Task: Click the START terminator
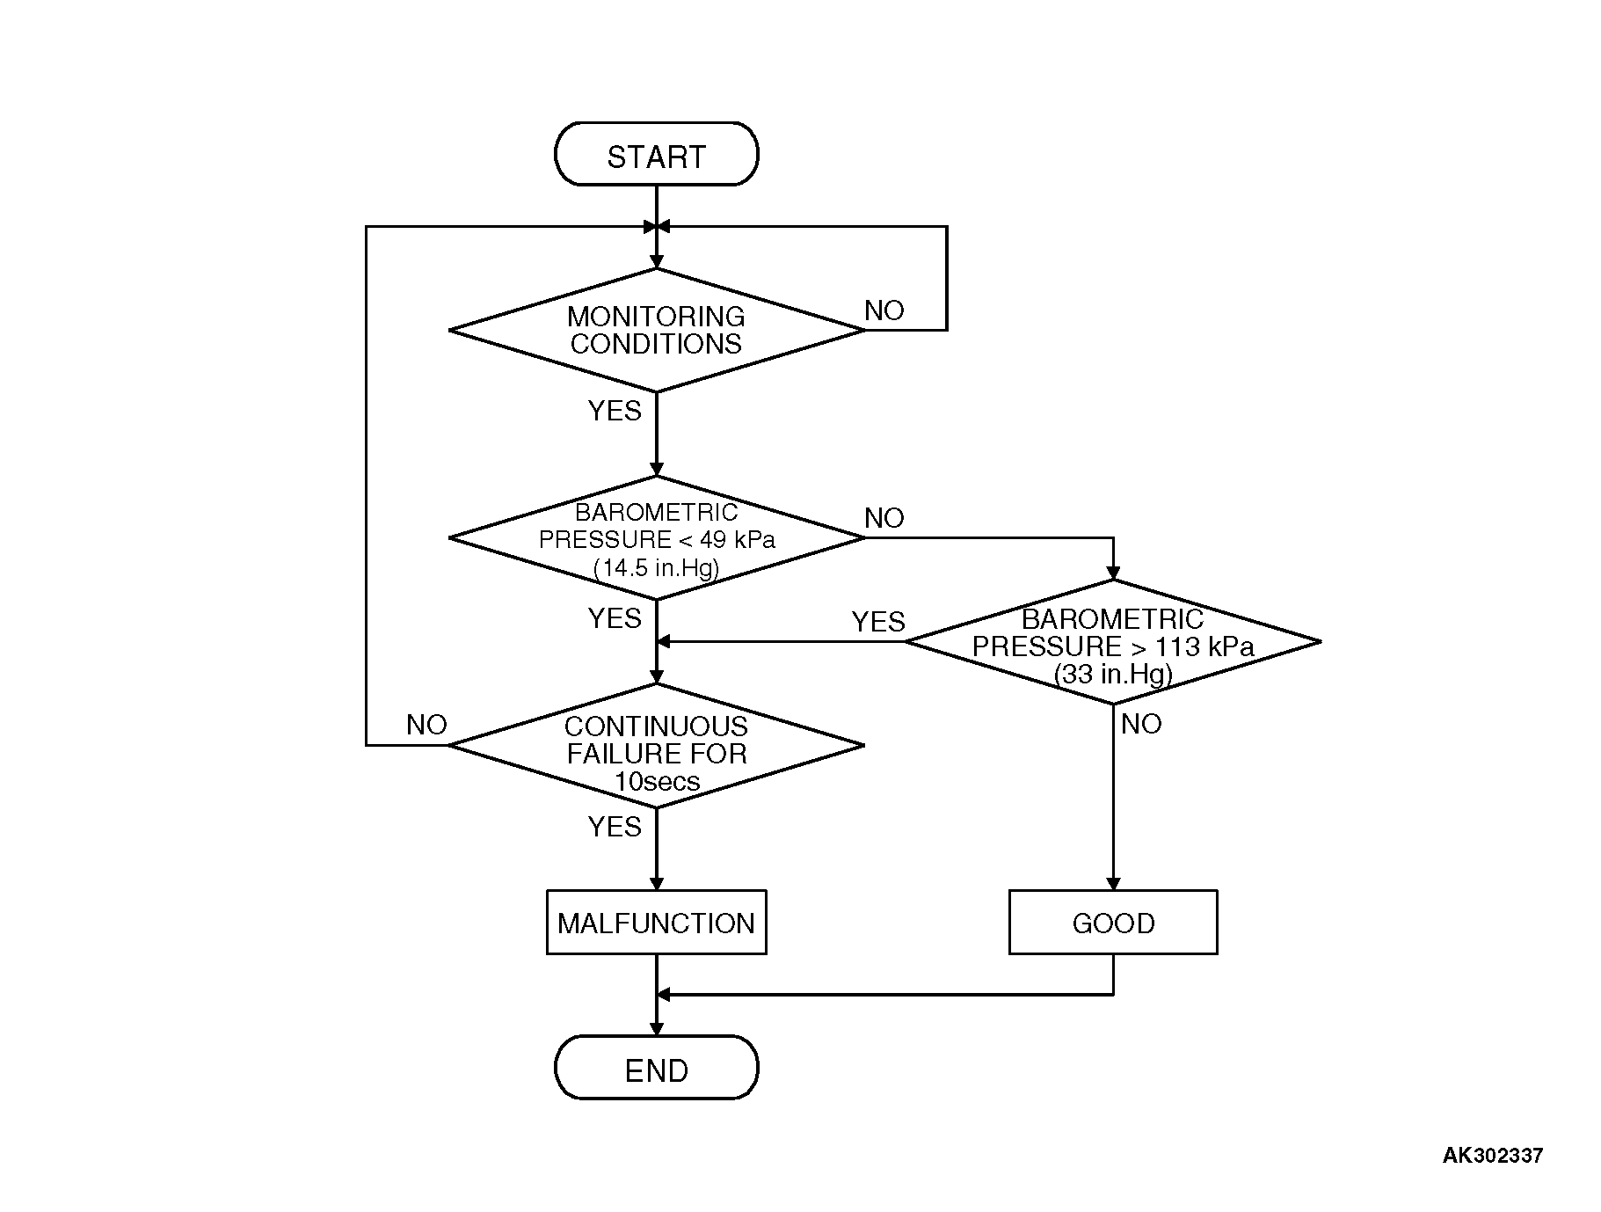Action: point(656,155)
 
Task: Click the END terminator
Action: point(656,1068)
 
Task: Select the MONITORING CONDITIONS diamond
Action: point(656,330)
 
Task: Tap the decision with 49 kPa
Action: point(656,538)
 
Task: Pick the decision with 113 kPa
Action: point(1112,642)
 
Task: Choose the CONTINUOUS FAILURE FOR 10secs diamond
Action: point(656,746)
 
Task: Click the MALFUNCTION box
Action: point(656,923)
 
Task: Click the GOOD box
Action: point(1112,923)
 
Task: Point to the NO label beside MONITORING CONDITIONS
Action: point(884,310)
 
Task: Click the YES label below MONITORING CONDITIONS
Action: point(615,411)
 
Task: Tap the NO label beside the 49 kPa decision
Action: point(884,518)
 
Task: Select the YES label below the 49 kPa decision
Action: point(615,618)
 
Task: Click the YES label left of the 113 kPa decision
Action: point(877,623)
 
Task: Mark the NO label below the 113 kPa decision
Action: point(1141,724)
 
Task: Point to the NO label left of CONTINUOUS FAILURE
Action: point(426,725)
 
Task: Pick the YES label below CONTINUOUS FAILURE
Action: point(615,827)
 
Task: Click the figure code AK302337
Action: point(1492,1156)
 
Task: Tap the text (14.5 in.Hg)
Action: point(656,567)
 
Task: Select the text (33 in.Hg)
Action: point(1112,675)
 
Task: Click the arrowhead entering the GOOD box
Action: point(1112,883)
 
